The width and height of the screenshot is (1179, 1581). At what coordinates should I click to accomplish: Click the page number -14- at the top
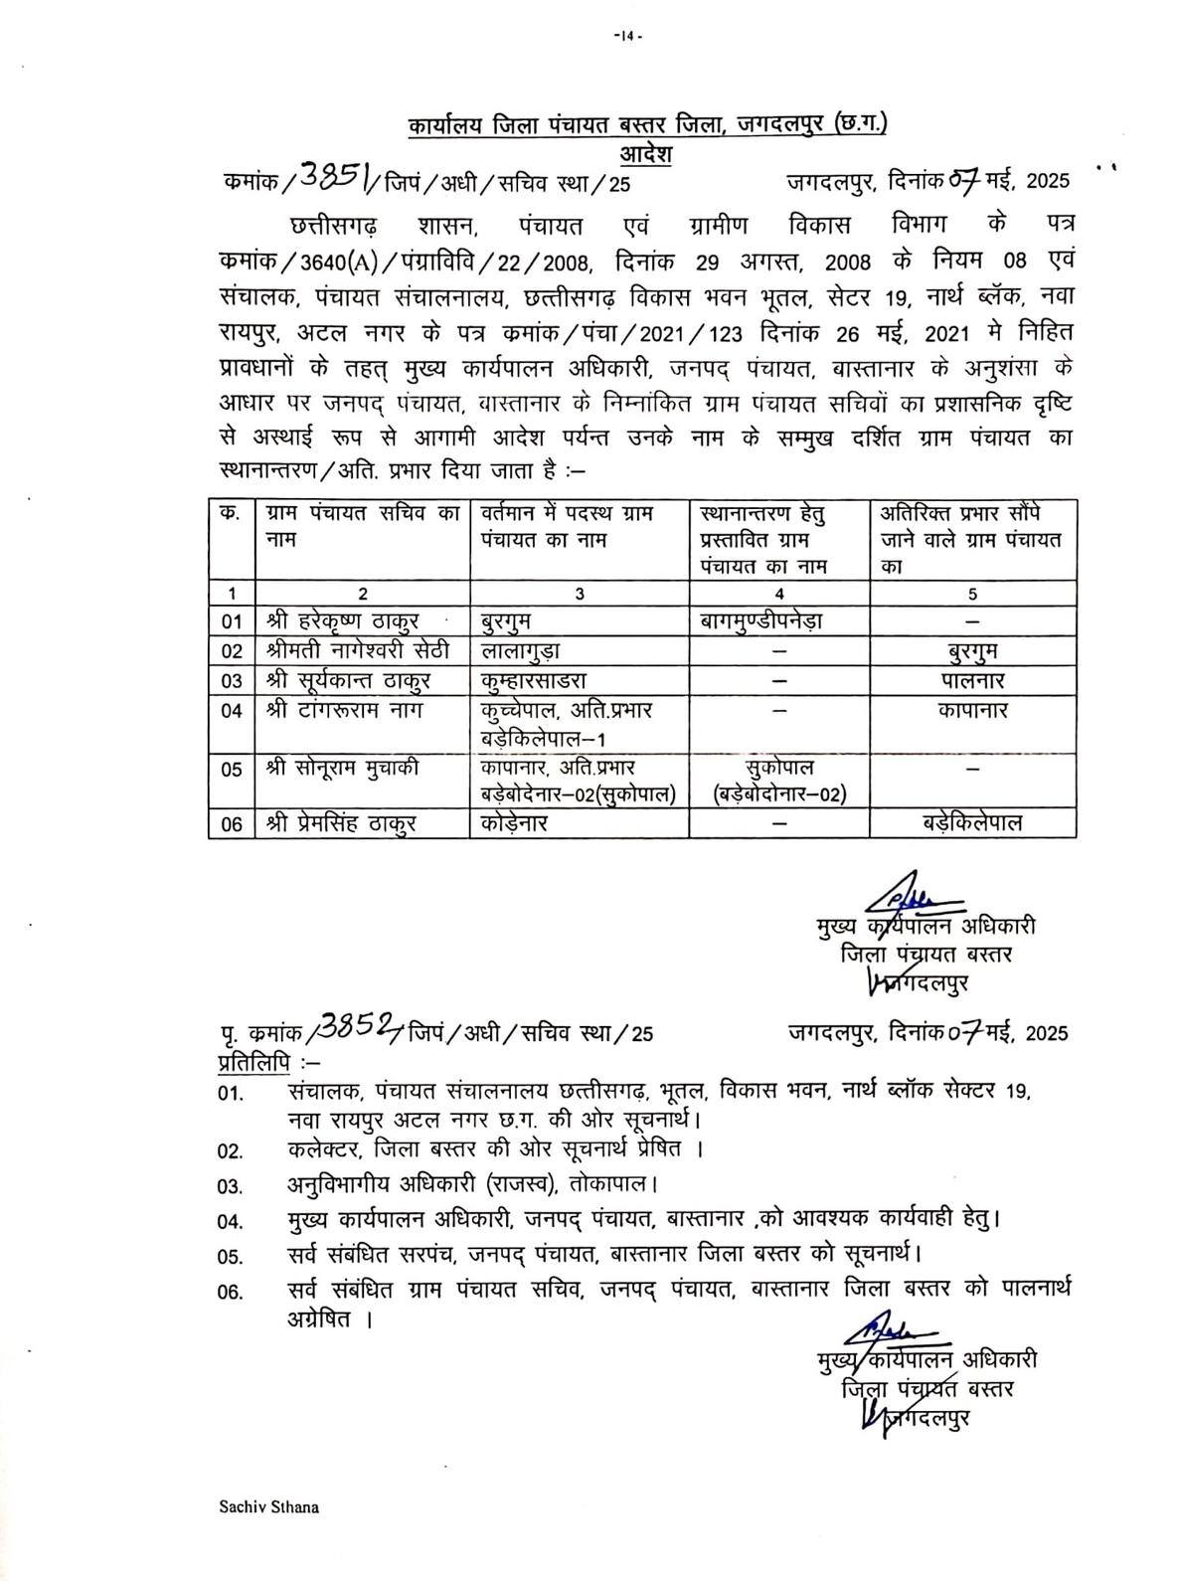pos(628,37)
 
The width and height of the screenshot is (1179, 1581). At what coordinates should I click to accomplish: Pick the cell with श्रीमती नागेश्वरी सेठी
pos(358,651)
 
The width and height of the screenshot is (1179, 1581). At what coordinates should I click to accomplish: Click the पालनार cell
pos(972,681)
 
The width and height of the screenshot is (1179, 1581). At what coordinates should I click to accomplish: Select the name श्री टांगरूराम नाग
pos(344,712)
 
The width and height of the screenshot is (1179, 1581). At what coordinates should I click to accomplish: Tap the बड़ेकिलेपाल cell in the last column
pos(972,823)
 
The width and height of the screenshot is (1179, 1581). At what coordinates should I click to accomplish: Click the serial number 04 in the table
pos(232,712)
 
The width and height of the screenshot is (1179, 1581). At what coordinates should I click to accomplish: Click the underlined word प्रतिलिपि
pos(253,1061)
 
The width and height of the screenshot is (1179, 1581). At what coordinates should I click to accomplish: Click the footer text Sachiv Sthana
pos(269,1507)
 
